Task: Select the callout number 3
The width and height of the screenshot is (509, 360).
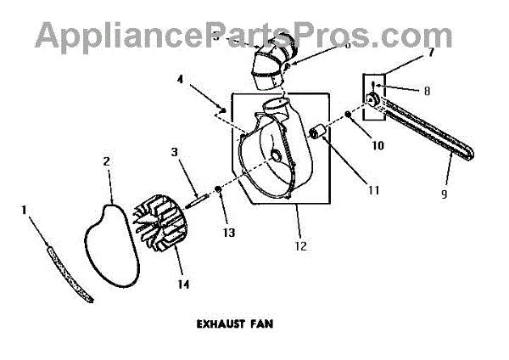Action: click(174, 152)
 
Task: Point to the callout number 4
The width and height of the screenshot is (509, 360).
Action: click(180, 81)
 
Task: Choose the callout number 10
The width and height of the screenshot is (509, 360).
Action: click(378, 145)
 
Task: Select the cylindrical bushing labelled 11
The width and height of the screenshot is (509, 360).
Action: click(320, 132)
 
